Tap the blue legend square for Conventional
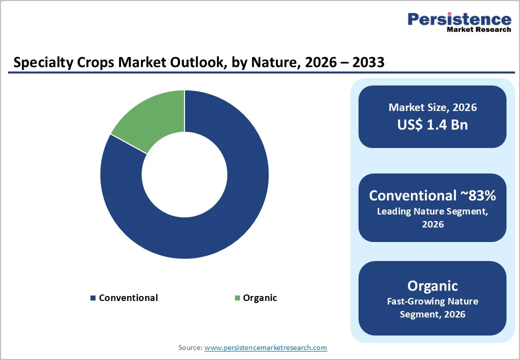tap(92, 298)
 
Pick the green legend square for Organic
tap(237, 298)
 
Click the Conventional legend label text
tap(128, 298)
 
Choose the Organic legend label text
tap(259, 298)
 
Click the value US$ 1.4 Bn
tap(432, 124)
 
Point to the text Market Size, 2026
tap(432, 107)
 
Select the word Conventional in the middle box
tap(412, 195)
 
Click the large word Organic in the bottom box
tap(432, 285)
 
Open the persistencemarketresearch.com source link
tap(265, 347)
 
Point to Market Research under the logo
tap(479, 30)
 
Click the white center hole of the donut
tap(184, 174)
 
